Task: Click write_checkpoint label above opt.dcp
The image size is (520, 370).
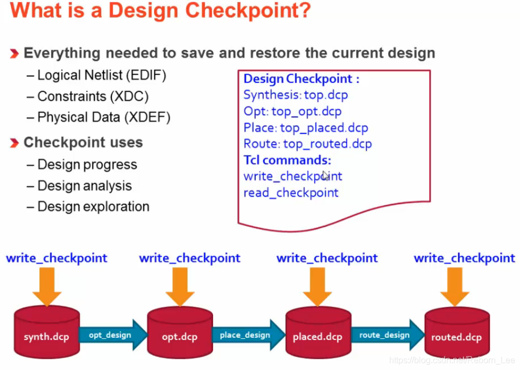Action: tap(189, 259)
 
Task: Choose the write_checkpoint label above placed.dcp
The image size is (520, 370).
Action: tap(327, 259)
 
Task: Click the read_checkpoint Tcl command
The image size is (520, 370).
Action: tap(291, 193)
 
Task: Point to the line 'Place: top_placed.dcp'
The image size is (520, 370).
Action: tap(306, 128)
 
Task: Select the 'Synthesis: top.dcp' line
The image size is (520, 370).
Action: tap(296, 95)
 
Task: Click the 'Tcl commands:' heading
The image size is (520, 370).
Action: tap(287, 160)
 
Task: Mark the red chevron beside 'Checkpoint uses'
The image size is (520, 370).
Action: tap(15, 143)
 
